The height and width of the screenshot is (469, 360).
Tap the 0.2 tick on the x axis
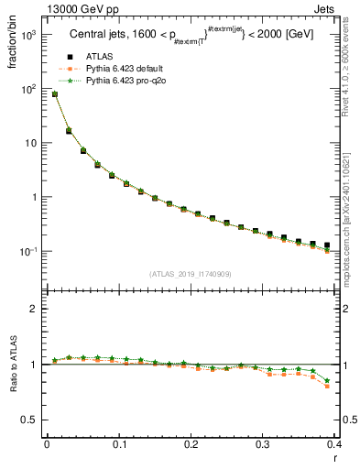tap(191, 445)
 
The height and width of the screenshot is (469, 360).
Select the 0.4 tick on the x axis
tap(334, 445)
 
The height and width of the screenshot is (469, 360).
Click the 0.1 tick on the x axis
tap(118, 445)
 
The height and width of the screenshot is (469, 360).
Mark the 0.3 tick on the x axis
tap(263, 445)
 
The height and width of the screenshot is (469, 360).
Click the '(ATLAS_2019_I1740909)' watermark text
tap(191, 273)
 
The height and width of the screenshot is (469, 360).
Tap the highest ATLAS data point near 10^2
tap(55, 94)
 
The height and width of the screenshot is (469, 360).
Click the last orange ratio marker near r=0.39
tap(327, 387)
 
